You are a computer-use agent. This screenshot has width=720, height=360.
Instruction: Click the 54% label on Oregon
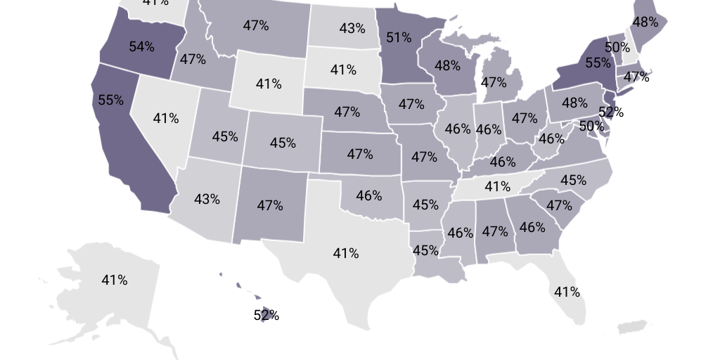point(141,47)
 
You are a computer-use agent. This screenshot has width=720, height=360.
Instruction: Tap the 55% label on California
point(110,100)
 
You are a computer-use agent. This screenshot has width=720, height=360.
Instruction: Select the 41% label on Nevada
point(165,118)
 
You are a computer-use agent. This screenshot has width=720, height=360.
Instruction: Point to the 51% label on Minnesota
point(399,37)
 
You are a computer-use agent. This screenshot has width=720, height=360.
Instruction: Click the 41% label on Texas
point(345,253)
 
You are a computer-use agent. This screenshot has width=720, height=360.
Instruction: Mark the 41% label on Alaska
point(114,280)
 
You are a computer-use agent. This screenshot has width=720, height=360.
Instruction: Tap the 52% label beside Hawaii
point(266,315)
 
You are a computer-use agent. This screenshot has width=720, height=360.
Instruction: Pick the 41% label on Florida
point(566,291)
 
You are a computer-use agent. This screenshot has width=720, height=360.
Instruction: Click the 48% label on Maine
point(644,22)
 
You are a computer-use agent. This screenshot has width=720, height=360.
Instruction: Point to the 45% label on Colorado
point(283,143)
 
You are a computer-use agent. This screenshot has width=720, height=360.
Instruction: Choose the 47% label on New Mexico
point(269,206)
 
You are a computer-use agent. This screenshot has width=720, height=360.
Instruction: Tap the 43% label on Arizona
point(207,199)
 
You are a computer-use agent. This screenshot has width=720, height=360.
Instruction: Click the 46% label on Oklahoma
point(368,195)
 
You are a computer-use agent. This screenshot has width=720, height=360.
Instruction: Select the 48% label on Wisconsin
point(447,65)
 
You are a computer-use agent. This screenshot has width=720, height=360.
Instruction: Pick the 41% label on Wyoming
point(268,84)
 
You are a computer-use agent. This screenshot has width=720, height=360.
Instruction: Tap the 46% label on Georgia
point(532,227)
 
